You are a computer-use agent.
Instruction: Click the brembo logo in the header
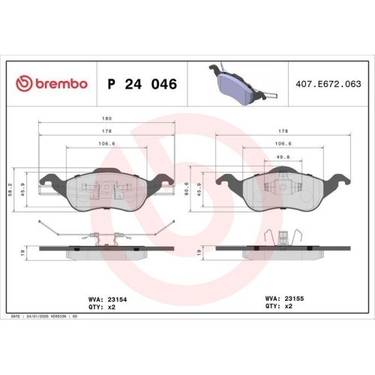coord(52,83)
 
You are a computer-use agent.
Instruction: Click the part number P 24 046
coord(142,84)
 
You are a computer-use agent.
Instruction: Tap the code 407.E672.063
coord(328,84)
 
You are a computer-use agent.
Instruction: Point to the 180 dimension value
coord(106,118)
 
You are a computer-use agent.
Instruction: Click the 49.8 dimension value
coord(283,157)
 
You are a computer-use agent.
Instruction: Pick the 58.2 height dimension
coord(10,190)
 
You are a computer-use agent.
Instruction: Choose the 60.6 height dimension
coord(187,189)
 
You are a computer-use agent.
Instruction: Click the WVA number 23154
coord(117,299)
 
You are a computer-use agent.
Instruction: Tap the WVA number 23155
coord(294,298)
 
